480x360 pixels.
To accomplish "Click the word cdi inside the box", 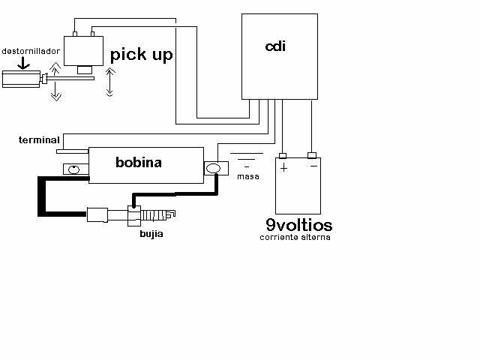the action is [x=275, y=46].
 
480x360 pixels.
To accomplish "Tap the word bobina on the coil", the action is [x=139, y=162].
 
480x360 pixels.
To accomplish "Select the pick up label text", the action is [x=142, y=55].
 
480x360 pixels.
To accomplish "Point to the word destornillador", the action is [x=31, y=51].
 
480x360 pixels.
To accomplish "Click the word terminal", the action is [x=39, y=140].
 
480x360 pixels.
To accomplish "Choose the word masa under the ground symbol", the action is [x=248, y=177].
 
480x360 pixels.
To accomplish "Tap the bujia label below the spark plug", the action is [x=151, y=234].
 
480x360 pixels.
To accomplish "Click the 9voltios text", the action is [x=299, y=225].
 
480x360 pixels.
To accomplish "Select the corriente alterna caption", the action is [x=295, y=237].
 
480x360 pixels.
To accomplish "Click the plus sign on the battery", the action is [x=284, y=168].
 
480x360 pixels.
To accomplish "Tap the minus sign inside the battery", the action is [x=313, y=166].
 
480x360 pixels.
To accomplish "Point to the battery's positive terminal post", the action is [x=283, y=156].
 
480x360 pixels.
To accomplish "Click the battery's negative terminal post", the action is [x=312, y=155].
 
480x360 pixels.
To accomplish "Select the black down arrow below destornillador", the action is [x=23, y=63].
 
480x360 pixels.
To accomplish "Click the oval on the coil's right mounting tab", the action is [x=213, y=168].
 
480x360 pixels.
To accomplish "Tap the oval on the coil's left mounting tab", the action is [x=73, y=169].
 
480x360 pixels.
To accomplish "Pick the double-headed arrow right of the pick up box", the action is [x=110, y=82].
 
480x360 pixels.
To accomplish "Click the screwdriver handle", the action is [x=21, y=79].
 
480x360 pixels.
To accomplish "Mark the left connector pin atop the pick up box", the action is [x=75, y=34].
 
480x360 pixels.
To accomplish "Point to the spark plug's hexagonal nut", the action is [x=134, y=216].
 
